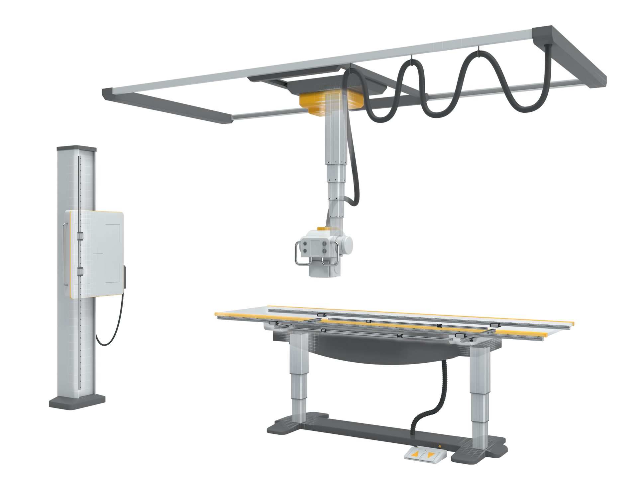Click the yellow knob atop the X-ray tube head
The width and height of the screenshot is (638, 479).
[323, 229]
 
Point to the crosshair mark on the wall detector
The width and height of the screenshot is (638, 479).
[98, 255]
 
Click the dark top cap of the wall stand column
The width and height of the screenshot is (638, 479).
[76, 148]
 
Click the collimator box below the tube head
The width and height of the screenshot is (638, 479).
[324, 268]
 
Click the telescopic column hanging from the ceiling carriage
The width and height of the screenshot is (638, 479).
[336, 166]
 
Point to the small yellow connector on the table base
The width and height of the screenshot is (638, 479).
[440, 446]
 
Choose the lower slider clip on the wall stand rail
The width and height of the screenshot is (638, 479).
[80, 271]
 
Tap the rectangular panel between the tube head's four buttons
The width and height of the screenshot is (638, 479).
[314, 247]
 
